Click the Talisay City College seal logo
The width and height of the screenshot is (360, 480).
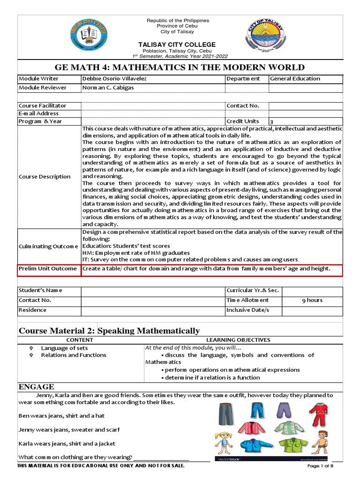tap(89, 35)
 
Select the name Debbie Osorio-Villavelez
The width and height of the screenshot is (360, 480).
tap(114, 79)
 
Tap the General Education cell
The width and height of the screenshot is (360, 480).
tap(295, 79)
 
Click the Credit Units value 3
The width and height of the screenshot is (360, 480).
tap(271, 121)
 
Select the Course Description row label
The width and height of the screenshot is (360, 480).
tap(45, 177)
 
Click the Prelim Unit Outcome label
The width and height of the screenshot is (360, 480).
tap(47, 269)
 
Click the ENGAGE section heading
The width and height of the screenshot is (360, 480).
tap(36, 387)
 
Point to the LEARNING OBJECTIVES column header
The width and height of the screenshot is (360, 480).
tap(238, 340)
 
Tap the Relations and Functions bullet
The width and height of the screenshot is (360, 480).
tap(74, 355)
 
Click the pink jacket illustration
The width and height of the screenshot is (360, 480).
tap(251, 427)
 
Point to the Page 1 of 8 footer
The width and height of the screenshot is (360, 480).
tap(320, 466)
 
